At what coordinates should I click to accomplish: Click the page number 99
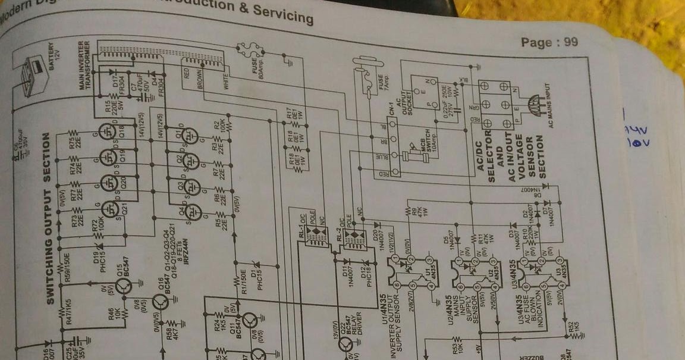point(572,42)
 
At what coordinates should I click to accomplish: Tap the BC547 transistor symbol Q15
point(124,286)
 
